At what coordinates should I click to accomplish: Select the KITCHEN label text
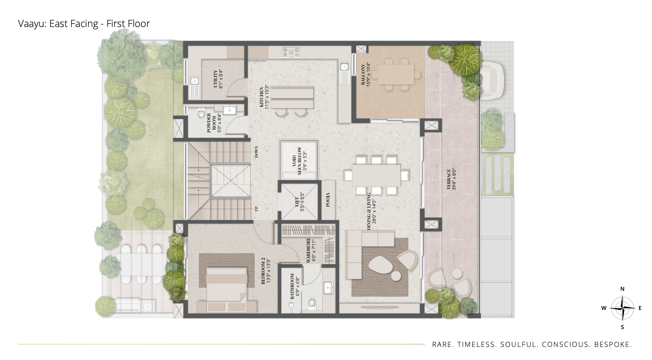click(x=261, y=97)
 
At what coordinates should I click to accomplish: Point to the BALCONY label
click(x=363, y=74)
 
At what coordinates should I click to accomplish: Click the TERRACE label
click(x=449, y=179)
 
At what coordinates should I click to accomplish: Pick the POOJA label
click(x=328, y=200)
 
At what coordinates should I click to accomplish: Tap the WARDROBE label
click(x=308, y=250)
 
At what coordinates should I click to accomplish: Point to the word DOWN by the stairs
click(x=256, y=152)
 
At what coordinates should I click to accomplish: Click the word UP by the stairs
click(x=256, y=209)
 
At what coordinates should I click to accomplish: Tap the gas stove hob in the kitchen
click(x=291, y=53)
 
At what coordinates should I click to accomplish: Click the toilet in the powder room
click(x=201, y=113)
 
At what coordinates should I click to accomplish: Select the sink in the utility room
click(x=194, y=88)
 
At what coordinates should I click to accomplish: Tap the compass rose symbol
click(x=622, y=308)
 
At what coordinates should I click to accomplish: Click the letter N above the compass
click(x=622, y=289)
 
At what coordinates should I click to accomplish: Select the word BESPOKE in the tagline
click(x=613, y=344)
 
